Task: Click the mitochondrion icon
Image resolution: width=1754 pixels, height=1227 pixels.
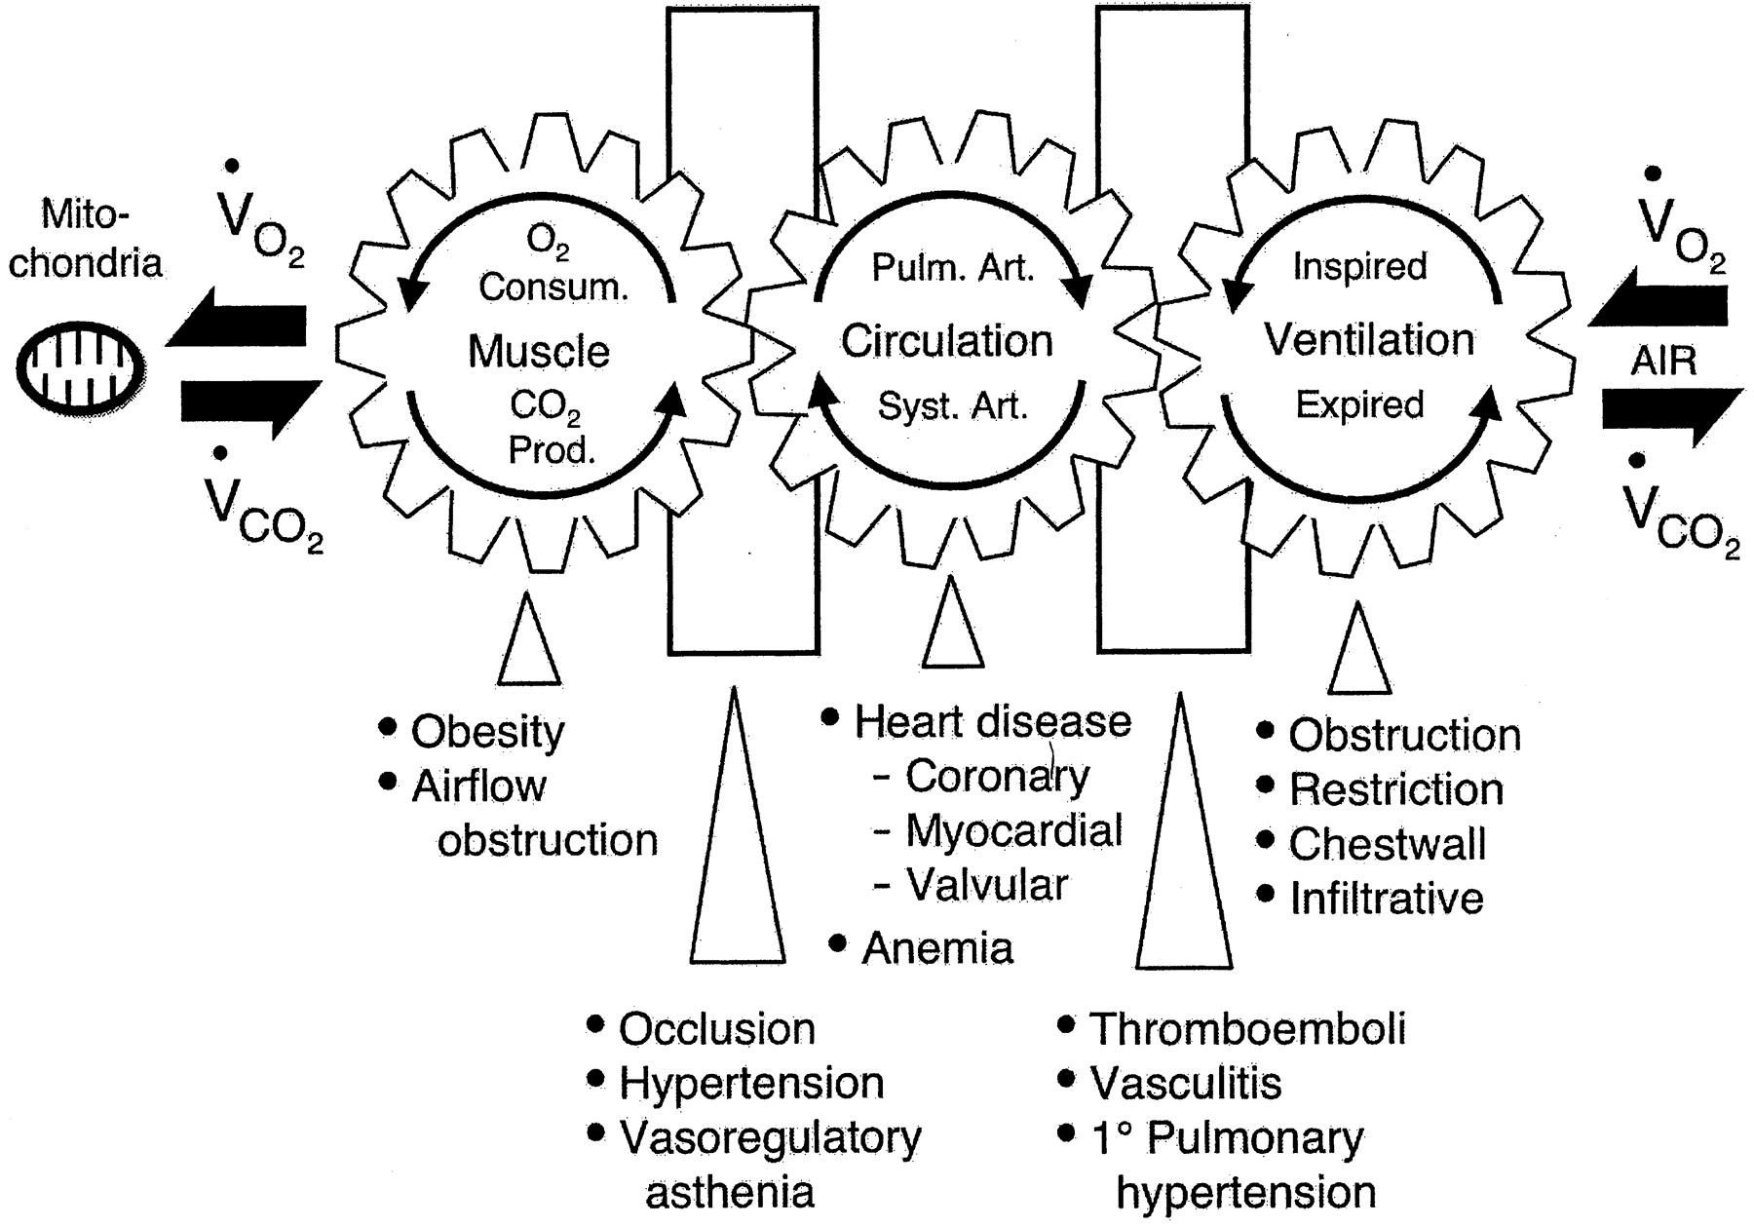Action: point(81,368)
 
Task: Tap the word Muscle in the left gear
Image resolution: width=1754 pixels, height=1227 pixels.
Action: point(538,351)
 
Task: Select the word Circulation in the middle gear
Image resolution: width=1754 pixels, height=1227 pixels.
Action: point(946,341)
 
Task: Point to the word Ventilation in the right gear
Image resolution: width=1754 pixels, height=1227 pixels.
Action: point(1369,339)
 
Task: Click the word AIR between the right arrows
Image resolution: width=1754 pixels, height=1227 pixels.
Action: point(1663,362)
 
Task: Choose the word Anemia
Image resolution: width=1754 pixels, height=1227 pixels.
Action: point(937,947)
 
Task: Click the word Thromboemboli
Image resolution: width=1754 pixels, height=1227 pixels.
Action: point(1246,1028)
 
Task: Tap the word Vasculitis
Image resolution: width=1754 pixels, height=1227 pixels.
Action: point(1185,1083)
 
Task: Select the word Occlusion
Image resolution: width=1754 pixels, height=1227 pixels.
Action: point(716,1029)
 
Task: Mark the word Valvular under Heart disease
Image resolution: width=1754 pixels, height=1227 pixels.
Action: point(987,885)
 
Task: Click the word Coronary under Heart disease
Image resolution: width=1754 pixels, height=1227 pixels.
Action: point(997,776)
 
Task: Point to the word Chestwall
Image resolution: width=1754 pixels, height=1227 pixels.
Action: point(1387,844)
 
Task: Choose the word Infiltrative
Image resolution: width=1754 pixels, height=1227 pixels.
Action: point(1386,899)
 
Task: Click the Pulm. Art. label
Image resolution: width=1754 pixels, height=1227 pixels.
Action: point(952,268)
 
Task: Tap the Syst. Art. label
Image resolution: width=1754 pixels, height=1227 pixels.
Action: point(952,405)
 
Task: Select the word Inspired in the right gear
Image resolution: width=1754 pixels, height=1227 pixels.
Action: point(1359,266)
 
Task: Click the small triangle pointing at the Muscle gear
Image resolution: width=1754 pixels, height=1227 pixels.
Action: point(529,643)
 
